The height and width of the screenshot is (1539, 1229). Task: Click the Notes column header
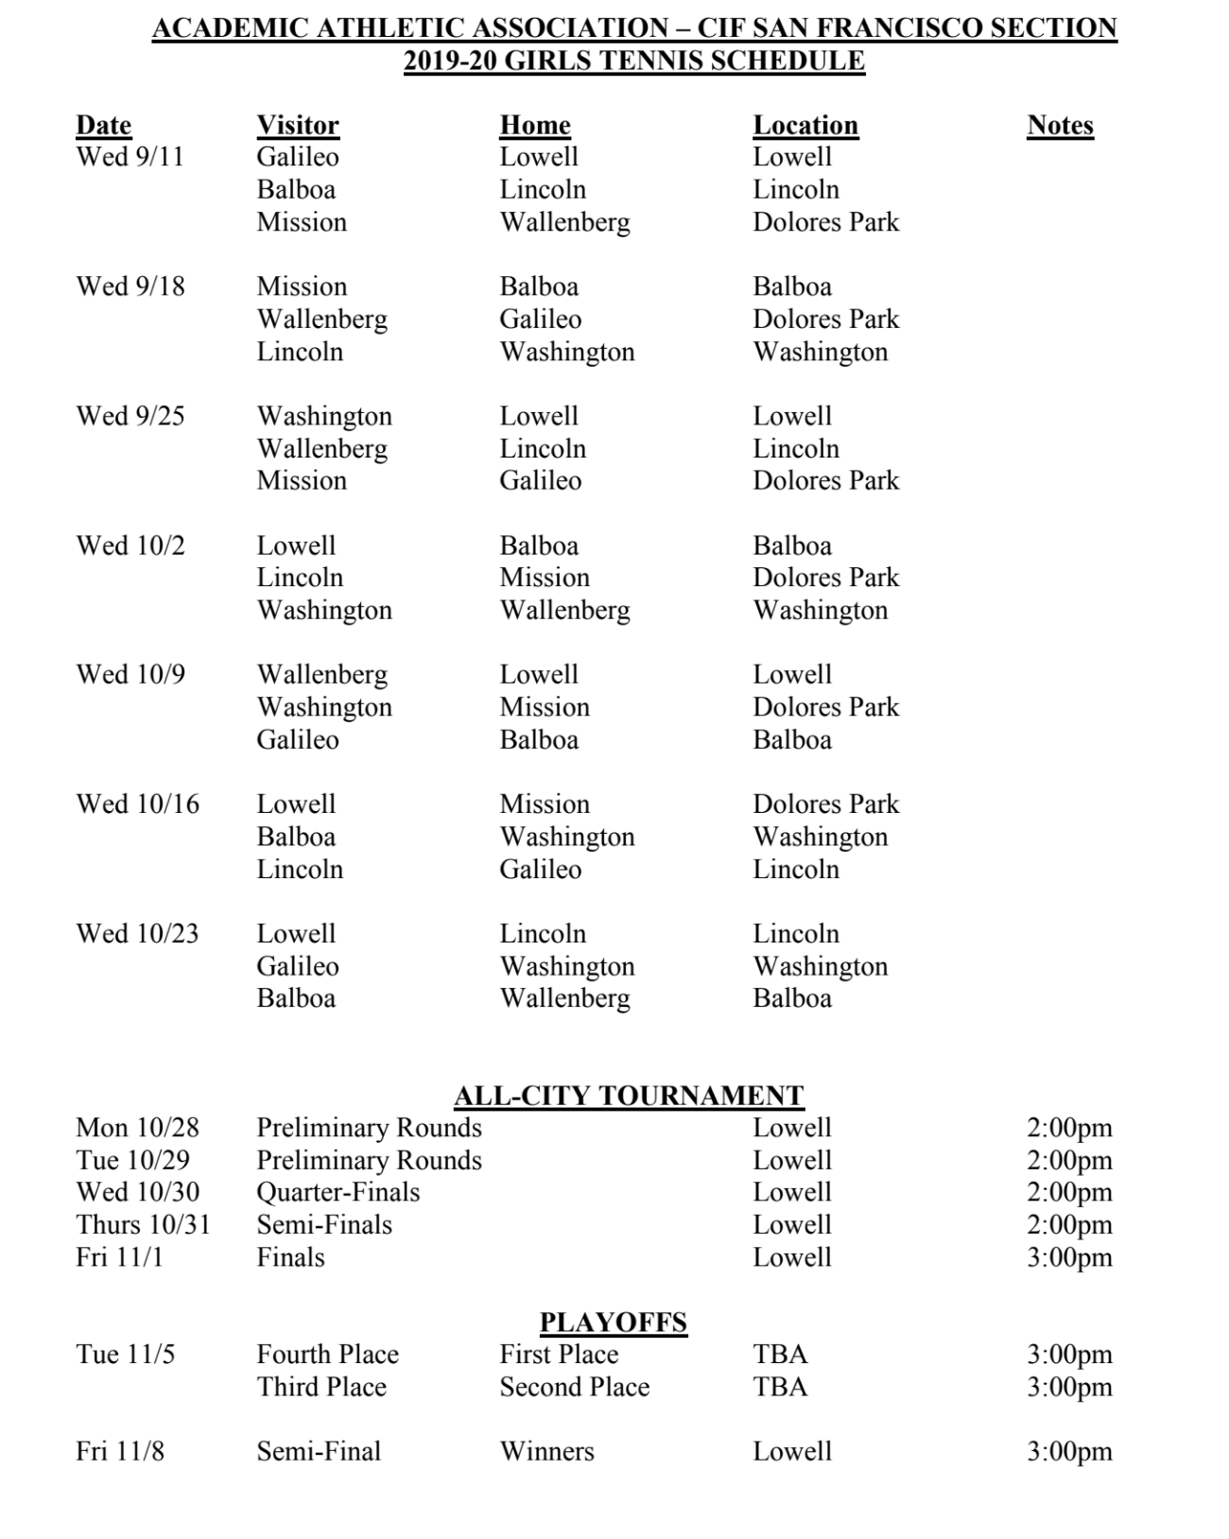1060,125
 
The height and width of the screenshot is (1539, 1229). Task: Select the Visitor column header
298,125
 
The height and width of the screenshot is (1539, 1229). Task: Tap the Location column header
805,125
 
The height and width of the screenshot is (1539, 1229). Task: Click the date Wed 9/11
130,157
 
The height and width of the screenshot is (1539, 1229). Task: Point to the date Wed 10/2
130,545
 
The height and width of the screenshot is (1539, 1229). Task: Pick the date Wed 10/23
137,934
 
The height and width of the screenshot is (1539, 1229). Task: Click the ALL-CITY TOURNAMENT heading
629,1096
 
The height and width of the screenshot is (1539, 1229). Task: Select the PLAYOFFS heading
614,1323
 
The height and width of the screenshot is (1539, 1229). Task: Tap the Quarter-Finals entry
338,1192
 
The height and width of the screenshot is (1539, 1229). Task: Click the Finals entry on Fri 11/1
290,1257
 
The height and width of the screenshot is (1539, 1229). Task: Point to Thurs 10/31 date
143,1225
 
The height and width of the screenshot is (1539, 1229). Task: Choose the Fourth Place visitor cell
327,1355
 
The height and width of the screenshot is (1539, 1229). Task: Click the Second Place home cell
575,1387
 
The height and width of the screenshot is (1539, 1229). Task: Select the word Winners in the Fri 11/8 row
547,1452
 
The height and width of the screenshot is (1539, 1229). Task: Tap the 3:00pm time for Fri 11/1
1069,1257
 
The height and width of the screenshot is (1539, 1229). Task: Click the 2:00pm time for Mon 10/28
1069,1128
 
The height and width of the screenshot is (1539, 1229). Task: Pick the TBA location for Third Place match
780,1387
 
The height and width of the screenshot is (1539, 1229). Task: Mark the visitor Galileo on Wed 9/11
298,157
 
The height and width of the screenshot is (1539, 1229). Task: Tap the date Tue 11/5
125,1355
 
